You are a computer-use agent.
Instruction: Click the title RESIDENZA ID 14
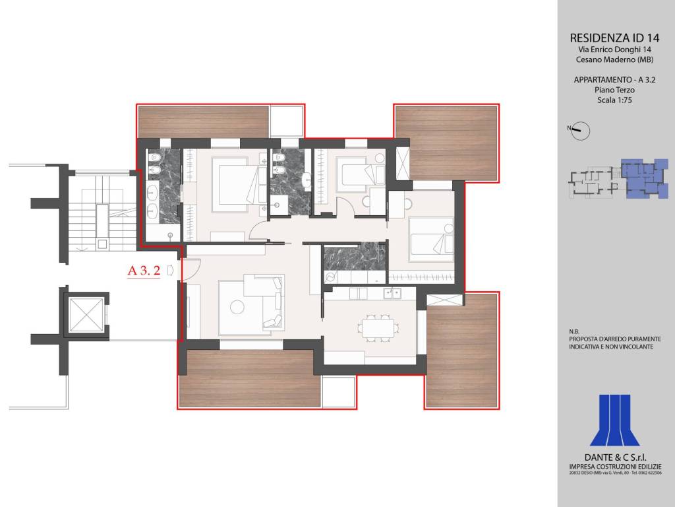tap(614, 38)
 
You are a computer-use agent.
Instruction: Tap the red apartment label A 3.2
tap(144, 271)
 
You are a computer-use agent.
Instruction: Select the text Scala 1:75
tap(614, 100)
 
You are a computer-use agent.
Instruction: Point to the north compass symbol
tap(580, 131)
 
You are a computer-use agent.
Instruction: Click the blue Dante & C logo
tap(615, 420)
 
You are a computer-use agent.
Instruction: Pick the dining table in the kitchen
tap(378, 327)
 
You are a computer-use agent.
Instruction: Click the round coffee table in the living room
tap(237, 307)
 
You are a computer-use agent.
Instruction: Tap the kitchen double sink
tap(392, 293)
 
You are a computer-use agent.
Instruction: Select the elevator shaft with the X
tap(86, 315)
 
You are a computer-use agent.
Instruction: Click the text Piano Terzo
tap(614, 90)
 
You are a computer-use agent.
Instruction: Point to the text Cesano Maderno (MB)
tap(614, 59)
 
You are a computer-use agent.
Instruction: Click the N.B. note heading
tap(574, 331)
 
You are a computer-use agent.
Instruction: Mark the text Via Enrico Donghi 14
tap(614, 50)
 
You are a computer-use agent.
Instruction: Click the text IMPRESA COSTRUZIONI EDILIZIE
tap(615, 467)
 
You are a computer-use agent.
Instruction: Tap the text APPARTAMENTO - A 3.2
tap(614, 80)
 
